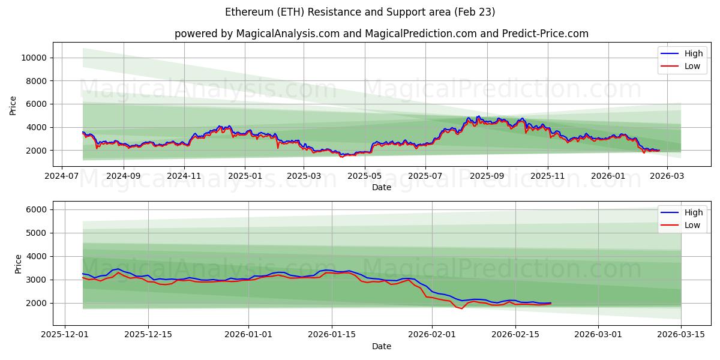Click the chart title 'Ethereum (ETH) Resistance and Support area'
point(360,12)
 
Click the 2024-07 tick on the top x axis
point(62,177)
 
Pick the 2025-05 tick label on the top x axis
point(365,177)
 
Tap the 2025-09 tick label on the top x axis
point(487,177)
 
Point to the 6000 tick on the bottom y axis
point(38,209)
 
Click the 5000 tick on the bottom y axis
point(38,233)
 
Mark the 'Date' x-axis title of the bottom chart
point(381,347)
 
